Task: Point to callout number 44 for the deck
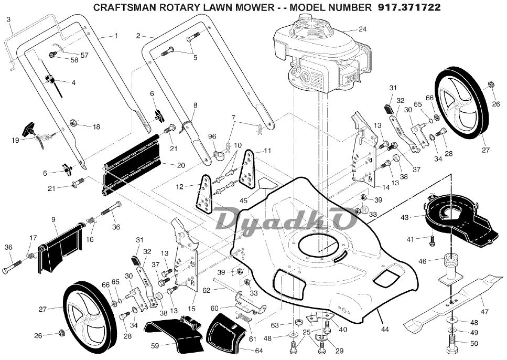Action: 385,329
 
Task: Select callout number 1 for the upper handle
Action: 116,36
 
